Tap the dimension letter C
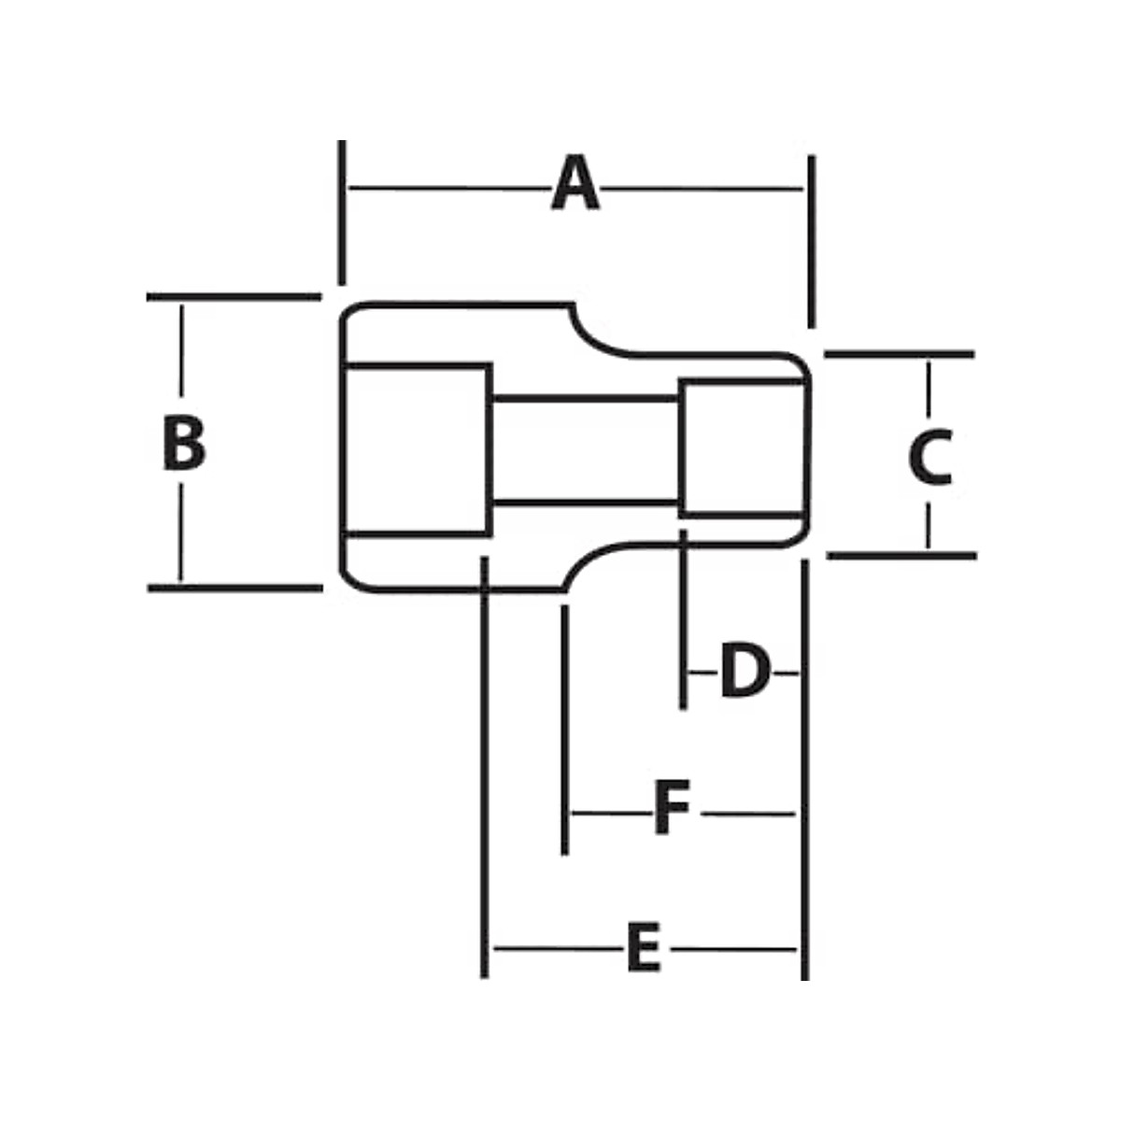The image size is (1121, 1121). [x=930, y=458]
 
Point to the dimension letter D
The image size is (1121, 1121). [x=745, y=671]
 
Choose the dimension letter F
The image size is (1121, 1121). [x=671, y=810]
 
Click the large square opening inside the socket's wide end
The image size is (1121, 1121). [x=417, y=448]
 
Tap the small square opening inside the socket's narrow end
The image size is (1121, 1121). [x=741, y=447]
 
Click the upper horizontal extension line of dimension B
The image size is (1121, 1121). [x=234, y=297]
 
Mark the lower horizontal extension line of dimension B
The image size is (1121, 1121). [x=234, y=588]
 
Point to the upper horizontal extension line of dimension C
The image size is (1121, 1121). [x=899, y=355]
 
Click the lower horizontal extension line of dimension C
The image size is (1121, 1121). [x=901, y=556]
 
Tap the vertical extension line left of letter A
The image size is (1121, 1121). [x=342, y=212]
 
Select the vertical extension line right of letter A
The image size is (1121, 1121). [x=811, y=241]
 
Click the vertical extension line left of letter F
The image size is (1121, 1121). [x=564, y=729]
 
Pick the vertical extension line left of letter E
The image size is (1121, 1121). [x=484, y=766]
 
